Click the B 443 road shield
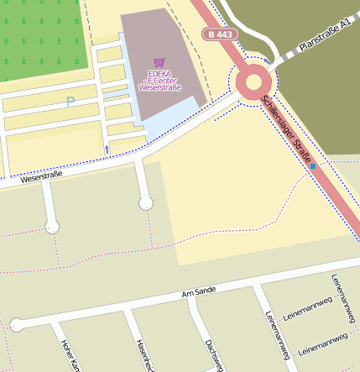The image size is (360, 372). [220, 34]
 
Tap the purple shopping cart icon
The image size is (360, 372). [159, 62]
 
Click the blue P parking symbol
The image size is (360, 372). [70, 102]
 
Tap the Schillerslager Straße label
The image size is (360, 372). [287, 130]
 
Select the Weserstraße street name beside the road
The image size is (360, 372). [42, 178]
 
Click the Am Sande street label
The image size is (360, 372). [199, 291]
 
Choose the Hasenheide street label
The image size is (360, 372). [143, 356]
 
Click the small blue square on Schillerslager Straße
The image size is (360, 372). [312, 166]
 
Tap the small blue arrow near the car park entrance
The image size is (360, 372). [107, 149]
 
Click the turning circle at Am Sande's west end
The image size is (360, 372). [16, 324]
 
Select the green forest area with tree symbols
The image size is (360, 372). [42, 38]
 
